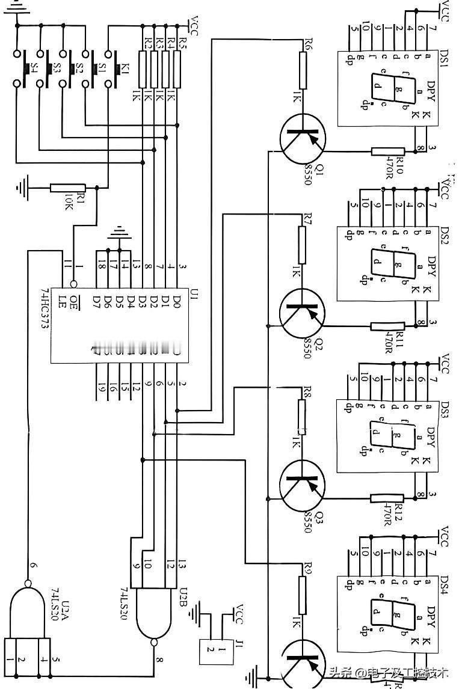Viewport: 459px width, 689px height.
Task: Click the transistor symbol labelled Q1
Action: (x=303, y=140)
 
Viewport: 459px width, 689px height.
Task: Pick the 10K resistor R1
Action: (x=67, y=188)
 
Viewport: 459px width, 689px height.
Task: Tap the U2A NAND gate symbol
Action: (x=27, y=613)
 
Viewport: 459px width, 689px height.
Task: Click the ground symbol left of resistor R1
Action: (x=22, y=188)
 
